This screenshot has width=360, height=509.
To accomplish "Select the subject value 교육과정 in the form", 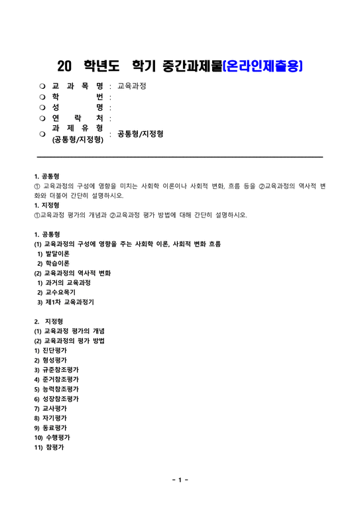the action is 131,86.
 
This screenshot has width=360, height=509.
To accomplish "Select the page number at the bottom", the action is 180,479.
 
